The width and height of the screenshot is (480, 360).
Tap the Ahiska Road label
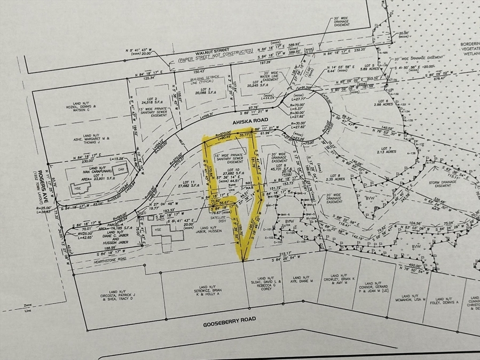tap(247, 121)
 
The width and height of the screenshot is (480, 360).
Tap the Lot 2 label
tap(151, 99)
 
